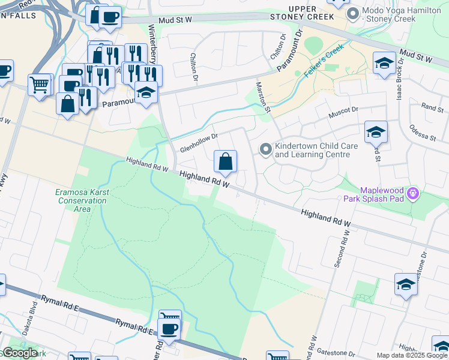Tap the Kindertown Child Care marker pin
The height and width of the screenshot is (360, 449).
point(265,149)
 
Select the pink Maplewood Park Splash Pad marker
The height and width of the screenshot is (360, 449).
point(412,193)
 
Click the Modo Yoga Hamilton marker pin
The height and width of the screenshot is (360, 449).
point(352,13)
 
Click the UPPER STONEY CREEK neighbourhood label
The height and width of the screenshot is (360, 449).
point(311,12)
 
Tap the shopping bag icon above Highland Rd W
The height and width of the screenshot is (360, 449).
point(226,161)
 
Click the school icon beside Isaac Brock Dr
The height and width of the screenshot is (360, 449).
point(384,63)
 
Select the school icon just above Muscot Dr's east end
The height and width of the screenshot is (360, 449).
point(376,132)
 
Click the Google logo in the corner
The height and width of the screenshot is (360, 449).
point(20,353)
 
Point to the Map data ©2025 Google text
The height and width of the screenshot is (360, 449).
point(412,355)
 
